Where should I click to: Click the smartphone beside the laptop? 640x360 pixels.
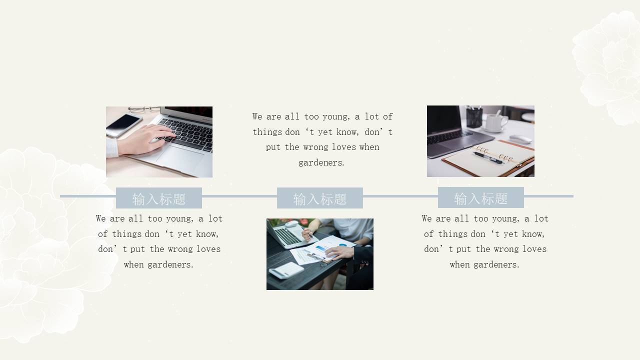point(123,125)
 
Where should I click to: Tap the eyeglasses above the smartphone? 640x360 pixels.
point(143,109)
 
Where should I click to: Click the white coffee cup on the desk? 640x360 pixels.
point(496,122)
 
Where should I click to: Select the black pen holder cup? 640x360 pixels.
point(474,117)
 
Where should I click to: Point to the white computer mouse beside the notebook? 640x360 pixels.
point(520,139)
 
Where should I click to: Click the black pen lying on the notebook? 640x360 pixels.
point(488,157)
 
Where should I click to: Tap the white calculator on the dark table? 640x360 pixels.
point(286,270)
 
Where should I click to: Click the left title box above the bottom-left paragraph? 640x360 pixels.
point(159,198)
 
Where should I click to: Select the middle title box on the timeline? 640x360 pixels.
point(320,198)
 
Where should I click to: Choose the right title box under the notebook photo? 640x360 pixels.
point(481,197)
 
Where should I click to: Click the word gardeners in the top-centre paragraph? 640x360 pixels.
point(321,162)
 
